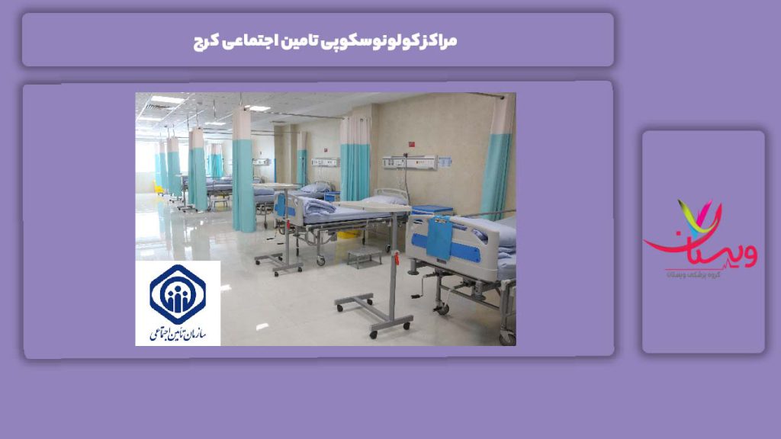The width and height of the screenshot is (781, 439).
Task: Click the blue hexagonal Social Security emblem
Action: pos(178,293)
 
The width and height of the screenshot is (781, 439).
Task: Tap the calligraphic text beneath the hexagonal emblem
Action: pos(178,333)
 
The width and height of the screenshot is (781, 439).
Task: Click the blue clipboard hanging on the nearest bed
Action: pos(439,237)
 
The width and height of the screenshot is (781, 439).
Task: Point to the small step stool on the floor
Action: pos(365,255)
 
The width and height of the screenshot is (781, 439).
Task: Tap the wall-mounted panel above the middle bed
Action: pos(409,162)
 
